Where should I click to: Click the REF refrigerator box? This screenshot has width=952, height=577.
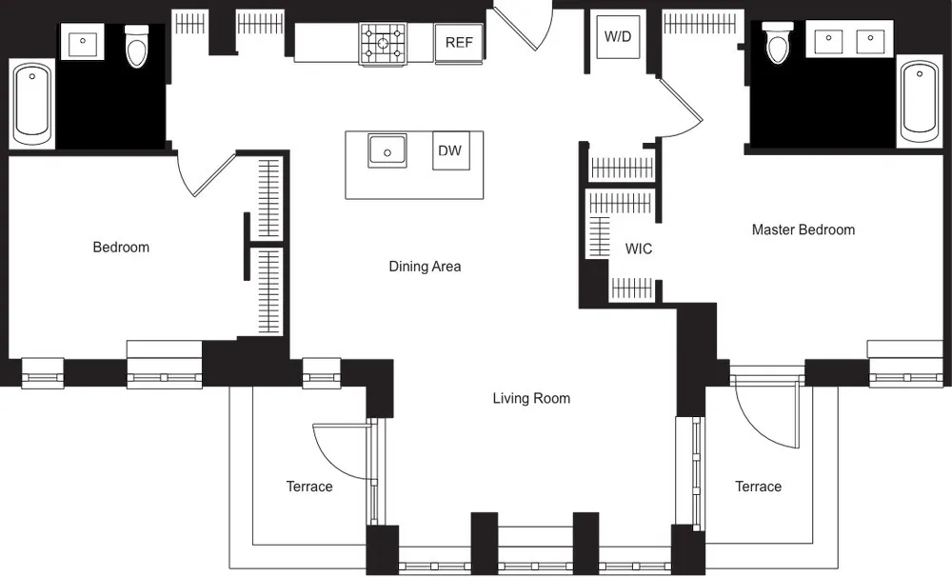(x=459, y=43)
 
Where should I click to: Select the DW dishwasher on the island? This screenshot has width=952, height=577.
(x=450, y=150)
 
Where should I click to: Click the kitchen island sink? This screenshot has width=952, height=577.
(x=387, y=149)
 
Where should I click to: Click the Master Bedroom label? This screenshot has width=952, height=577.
(x=803, y=229)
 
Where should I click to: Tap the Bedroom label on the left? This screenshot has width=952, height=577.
(x=121, y=248)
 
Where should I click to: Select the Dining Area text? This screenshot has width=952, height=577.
(x=425, y=267)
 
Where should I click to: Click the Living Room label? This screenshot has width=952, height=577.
(x=531, y=398)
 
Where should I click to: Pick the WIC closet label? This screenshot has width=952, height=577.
(x=639, y=249)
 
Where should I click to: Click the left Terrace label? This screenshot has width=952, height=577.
(x=309, y=487)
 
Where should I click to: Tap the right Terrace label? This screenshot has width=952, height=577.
(x=758, y=487)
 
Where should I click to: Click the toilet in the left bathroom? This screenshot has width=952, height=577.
(x=138, y=46)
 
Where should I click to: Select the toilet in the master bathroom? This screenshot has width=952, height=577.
(x=779, y=42)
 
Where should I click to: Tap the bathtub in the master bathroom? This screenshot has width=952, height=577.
(x=919, y=100)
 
